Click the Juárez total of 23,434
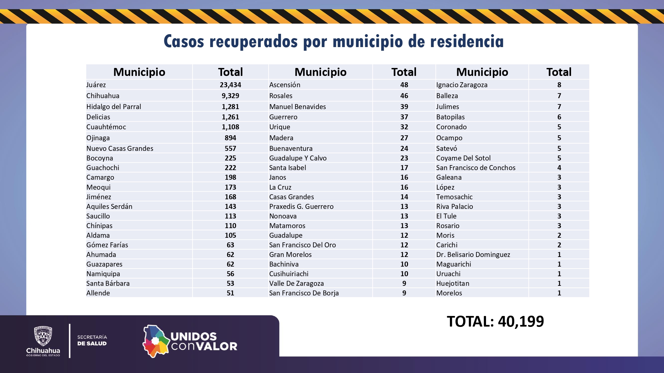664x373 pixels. pyautogui.click(x=230, y=85)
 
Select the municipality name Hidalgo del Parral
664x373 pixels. pyautogui.click(x=114, y=107)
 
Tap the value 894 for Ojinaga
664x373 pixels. pyautogui.click(x=230, y=138)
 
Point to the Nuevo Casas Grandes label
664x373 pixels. pyautogui.click(x=120, y=149)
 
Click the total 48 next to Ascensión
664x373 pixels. pyautogui.click(x=404, y=85)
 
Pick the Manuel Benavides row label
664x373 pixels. pyautogui.click(x=297, y=107)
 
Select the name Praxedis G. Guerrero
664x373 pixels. pyautogui.click(x=301, y=207)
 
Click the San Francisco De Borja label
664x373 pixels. pyautogui.click(x=304, y=293)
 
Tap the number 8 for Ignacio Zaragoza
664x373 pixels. pyautogui.click(x=559, y=85)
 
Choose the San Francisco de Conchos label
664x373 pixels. pyautogui.click(x=476, y=168)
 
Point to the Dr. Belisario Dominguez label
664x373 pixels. pyautogui.click(x=473, y=255)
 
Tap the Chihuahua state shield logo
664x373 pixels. pyautogui.click(x=43, y=336)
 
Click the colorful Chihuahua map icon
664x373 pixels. pyautogui.click(x=155, y=341)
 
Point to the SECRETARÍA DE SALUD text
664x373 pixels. pyautogui.click(x=92, y=341)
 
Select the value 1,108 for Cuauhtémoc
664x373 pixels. pyautogui.click(x=230, y=127)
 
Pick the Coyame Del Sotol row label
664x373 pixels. pyautogui.click(x=463, y=158)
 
